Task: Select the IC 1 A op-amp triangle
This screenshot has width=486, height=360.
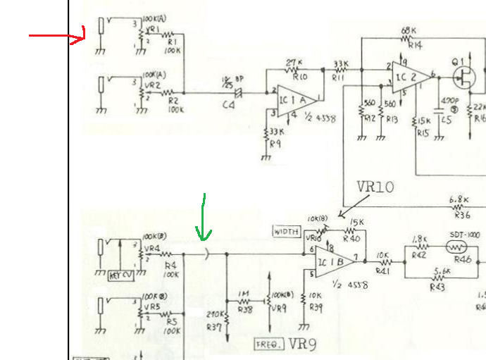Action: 294,97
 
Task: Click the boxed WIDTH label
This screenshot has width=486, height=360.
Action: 286,231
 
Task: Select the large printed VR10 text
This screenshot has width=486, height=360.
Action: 375,187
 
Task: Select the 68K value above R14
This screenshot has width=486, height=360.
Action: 408,31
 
